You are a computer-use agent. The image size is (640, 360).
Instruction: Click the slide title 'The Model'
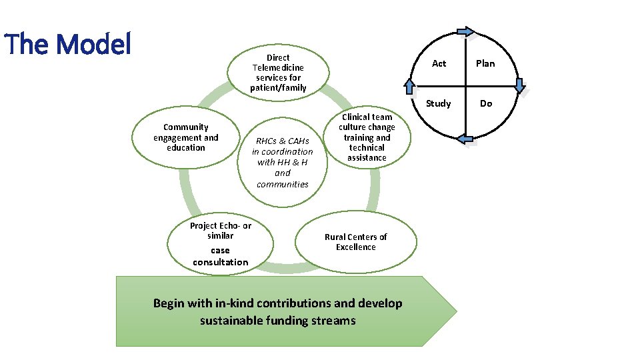68,44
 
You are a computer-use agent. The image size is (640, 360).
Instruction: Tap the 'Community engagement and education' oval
186,137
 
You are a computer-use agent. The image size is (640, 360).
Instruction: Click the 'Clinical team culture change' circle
367,137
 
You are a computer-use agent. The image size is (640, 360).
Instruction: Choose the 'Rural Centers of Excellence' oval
356,242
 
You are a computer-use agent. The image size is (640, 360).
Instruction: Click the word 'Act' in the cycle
439,63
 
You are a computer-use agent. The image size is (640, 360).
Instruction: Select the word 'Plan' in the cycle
485,63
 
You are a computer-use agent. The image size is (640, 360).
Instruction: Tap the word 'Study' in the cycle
439,103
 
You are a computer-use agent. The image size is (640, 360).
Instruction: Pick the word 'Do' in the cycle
486,103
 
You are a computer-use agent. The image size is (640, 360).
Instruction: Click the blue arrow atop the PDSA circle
466,31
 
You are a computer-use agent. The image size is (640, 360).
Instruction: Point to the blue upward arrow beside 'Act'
410,86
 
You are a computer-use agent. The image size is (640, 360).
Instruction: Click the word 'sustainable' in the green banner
233,321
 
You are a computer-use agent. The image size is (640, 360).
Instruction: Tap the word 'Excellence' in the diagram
356,247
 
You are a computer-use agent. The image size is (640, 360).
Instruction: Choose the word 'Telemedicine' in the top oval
279,67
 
